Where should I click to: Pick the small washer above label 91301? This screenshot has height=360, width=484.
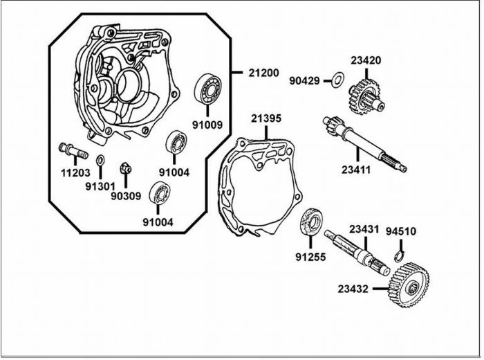101,161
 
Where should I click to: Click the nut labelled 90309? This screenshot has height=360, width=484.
126,167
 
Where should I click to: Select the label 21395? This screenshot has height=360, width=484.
266,118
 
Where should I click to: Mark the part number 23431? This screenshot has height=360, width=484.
364,228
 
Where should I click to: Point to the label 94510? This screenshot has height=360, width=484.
400,231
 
